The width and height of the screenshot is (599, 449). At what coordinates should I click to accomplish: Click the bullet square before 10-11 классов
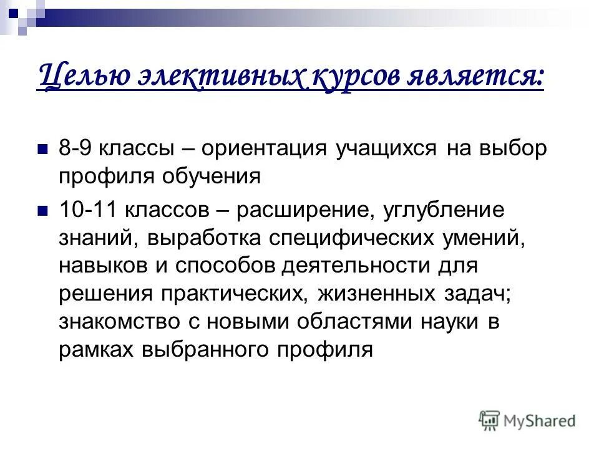point(43,211)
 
